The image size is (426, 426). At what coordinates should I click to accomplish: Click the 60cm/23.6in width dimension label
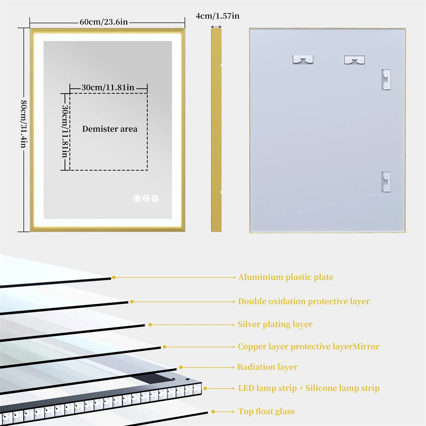pos(103,22)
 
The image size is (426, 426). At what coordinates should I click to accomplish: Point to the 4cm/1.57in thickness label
pos(217,16)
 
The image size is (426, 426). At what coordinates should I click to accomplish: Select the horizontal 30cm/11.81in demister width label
pos(108,88)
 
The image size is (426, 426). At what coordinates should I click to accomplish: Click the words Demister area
pos(110,129)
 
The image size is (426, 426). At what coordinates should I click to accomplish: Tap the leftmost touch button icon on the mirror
pos(137,198)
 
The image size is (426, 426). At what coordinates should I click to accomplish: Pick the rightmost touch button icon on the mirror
pos(155,198)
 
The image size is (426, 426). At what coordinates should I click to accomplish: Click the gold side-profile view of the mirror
pos(216,130)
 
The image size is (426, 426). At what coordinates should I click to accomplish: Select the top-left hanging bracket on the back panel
pos(303,59)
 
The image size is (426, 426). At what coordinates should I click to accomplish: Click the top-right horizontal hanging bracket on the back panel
pos(354,60)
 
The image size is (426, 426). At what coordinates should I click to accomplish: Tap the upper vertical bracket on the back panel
pos(386,80)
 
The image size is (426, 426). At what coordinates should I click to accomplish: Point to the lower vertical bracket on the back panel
pos(386,182)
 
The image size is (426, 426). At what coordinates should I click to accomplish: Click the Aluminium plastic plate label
pos(286,277)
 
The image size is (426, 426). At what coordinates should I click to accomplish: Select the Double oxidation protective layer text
pos(304,301)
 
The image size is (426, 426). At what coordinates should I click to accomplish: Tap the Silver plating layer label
pos(275,324)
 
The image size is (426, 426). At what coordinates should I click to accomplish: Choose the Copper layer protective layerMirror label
pos(308,346)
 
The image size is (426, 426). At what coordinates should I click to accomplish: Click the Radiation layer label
pos(267,367)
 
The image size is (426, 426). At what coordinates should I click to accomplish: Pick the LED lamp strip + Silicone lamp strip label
pos(309,388)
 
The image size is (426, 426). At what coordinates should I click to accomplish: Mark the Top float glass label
pos(266,412)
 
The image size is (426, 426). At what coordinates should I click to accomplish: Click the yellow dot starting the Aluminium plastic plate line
pos(114,277)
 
